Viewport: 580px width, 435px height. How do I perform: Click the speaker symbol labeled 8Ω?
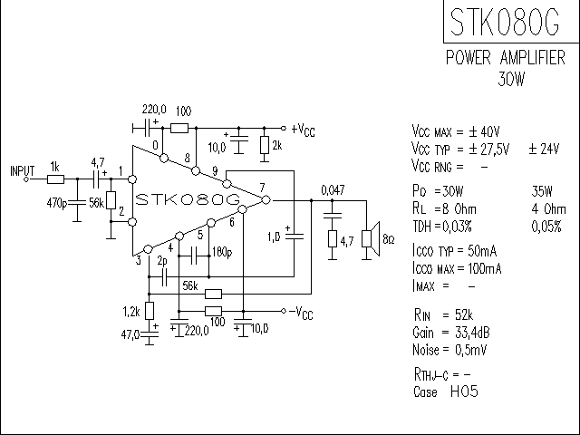tap(371, 239)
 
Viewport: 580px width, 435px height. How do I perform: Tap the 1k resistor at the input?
tap(55, 179)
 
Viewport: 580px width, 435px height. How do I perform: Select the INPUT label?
tap(22, 171)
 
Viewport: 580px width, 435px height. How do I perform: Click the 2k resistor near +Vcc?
tap(264, 145)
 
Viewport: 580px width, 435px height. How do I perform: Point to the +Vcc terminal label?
tap(304, 130)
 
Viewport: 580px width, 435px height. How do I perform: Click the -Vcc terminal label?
tap(301, 313)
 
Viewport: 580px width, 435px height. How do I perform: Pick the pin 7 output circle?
tap(266, 200)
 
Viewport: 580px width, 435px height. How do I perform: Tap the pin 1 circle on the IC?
tap(132, 179)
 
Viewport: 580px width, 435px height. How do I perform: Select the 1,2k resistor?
tap(149, 310)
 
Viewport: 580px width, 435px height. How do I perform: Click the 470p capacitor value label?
tap(57, 203)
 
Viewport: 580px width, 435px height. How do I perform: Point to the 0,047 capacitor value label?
tap(333, 190)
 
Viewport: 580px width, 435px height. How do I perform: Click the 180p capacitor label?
tap(222, 253)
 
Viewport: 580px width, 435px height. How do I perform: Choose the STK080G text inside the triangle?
tap(188, 199)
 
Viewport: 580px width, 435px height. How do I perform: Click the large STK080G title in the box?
tap(505, 22)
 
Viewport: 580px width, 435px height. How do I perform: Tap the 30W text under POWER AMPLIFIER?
tap(511, 79)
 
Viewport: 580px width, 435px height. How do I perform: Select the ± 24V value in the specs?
tap(544, 149)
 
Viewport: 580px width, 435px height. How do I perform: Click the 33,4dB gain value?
tap(472, 333)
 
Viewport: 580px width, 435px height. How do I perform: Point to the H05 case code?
tap(465, 391)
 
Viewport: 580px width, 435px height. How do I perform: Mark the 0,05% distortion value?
tap(546, 227)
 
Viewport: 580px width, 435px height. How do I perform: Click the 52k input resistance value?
tap(464, 314)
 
